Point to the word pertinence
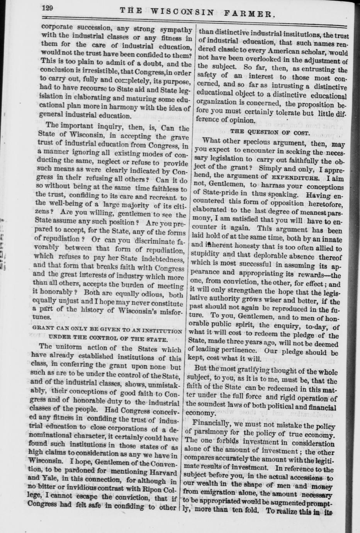point(240,352)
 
